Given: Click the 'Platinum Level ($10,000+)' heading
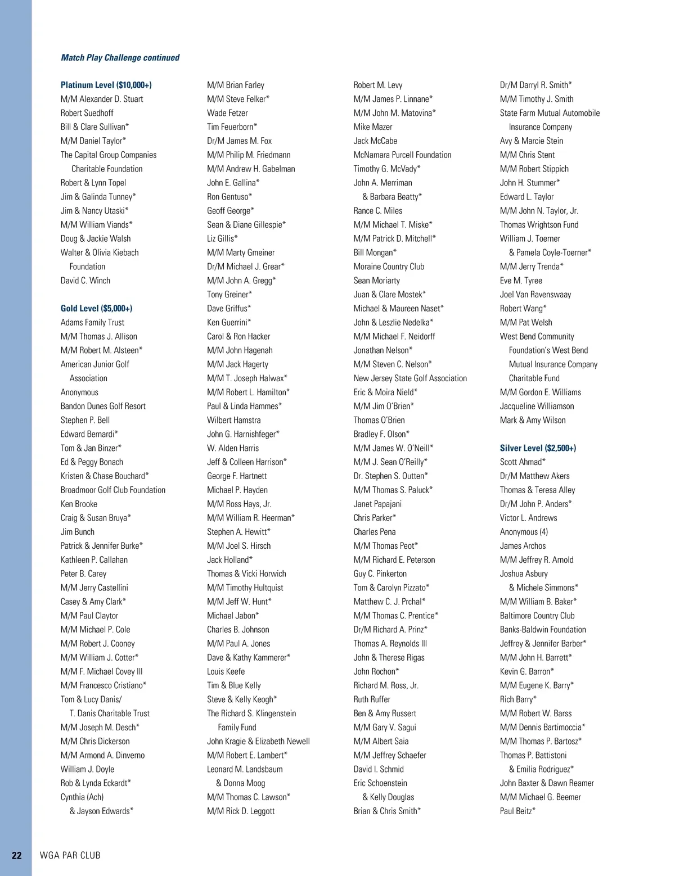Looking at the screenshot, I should [x=106, y=85].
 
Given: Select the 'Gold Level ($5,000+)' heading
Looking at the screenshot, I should [x=96, y=308].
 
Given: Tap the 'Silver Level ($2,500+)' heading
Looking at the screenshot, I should [x=538, y=448].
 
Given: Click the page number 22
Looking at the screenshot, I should [x=17, y=855].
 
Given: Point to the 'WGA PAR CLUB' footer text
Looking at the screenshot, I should [x=70, y=855].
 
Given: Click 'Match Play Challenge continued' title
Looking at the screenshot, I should [x=120, y=57].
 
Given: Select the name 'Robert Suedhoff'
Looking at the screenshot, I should [x=87, y=113].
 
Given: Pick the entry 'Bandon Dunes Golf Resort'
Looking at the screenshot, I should [x=103, y=406].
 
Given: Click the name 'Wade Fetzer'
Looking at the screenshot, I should [x=227, y=113].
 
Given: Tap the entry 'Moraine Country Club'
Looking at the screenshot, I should [x=389, y=267].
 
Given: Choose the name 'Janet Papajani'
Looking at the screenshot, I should [x=377, y=504].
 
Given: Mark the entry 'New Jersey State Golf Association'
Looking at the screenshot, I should [x=410, y=378].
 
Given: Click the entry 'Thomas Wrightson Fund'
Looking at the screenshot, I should [x=539, y=224].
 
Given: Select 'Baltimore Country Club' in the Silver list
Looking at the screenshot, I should [x=537, y=616].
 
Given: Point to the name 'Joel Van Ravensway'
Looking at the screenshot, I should [x=535, y=294].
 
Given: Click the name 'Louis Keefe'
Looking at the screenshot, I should [x=226, y=671].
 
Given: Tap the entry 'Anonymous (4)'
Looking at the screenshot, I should [x=524, y=532].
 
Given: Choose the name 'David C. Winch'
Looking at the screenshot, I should [x=85, y=281].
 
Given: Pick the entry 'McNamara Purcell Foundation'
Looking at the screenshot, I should [x=402, y=155].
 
